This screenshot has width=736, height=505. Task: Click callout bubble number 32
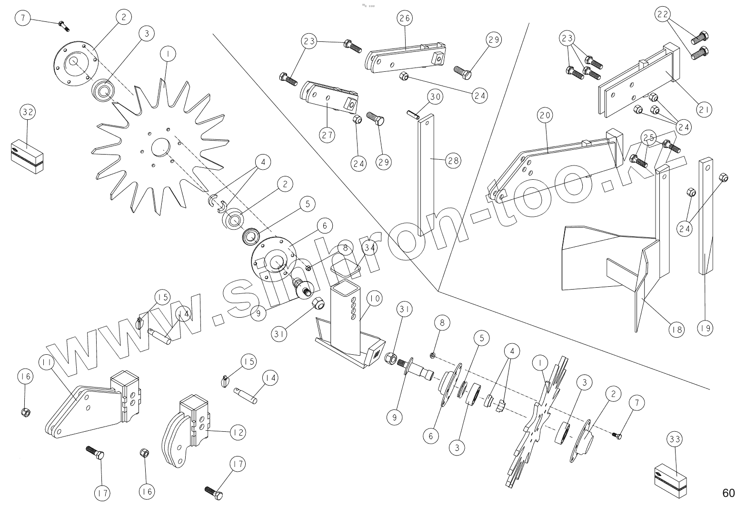coord(28,113)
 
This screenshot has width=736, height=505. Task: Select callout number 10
coord(374,299)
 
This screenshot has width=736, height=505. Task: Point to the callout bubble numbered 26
coord(405,18)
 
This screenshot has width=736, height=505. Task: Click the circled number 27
coord(327,135)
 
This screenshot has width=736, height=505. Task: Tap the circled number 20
coord(545,115)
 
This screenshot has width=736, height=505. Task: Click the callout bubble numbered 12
coord(238,432)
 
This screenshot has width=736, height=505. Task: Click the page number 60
coord(728,492)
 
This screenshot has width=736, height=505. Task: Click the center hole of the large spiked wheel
coord(160,146)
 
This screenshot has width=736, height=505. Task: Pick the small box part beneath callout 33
coord(671,477)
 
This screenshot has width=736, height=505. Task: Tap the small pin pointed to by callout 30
coord(412,114)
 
